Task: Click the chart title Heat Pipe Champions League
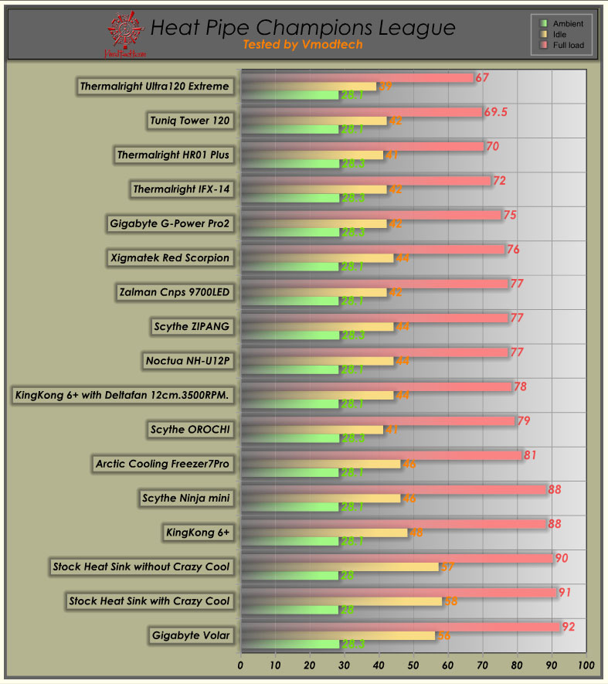[x=302, y=28]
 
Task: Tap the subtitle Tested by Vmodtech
[x=302, y=45]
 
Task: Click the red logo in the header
[x=124, y=34]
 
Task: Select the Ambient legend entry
[x=562, y=24]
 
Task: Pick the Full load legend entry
[x=562, y=46]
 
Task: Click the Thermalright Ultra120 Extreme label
[x=155, y=87]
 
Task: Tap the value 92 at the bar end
[x=569, y=627]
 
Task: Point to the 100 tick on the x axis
[x=586, y=665]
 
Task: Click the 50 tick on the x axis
[x=413, y=665]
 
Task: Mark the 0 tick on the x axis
[x=241, y=665]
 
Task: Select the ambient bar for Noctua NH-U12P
[x=290, y=369]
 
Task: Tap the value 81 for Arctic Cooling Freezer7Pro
[x=530, y=455]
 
